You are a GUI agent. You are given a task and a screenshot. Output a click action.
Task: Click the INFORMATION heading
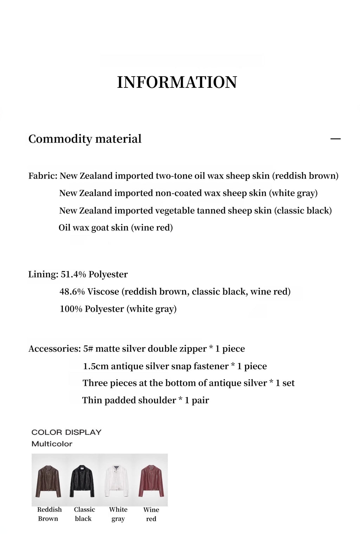(x=177, y=82)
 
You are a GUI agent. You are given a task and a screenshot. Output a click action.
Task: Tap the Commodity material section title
(x=85, y=139)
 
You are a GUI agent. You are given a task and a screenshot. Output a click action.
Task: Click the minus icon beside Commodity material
(x=335, y=139)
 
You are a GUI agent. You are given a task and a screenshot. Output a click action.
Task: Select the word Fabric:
(x=43, y=176)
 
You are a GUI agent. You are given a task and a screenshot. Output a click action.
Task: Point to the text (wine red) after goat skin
(x=152, y=228)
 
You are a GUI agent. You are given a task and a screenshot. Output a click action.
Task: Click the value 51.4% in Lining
(x=73, y=274)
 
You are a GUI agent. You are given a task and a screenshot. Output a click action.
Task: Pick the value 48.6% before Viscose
(x=72, y=292)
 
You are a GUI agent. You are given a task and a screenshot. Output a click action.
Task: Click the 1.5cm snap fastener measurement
(x=96, y=366)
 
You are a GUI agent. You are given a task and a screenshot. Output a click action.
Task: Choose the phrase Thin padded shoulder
(x=129, y=400)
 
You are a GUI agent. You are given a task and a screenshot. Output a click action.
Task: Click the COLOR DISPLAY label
(x=66, y=432)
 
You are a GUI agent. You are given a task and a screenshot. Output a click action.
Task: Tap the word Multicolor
(x=52, y=444)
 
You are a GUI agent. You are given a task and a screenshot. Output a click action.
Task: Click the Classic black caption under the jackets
(x=84, y=514)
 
